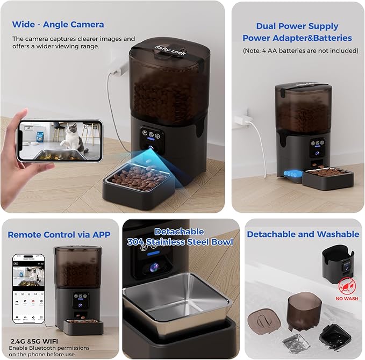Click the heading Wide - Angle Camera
point(58,24)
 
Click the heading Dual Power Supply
point(297,26)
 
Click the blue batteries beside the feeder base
point(292,174)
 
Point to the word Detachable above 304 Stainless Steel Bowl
point(179,232)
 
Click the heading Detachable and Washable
point(303,234)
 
